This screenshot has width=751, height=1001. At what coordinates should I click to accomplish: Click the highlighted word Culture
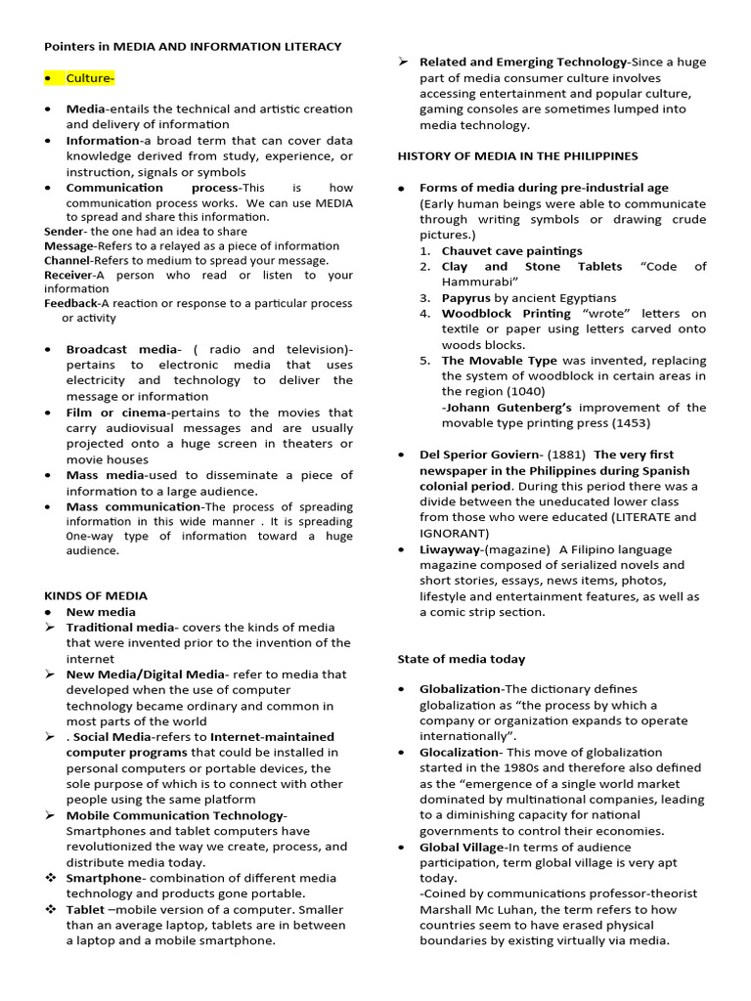[90, 78]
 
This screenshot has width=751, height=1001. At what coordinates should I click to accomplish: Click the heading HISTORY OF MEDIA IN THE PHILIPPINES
[517, 155]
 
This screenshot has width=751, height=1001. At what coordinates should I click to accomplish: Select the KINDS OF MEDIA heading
[96, 595]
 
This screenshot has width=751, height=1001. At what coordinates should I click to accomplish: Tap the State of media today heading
[461, 659]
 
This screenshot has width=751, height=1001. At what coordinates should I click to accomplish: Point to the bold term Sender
[65, 232]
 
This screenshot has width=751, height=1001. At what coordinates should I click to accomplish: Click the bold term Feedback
[71, 303]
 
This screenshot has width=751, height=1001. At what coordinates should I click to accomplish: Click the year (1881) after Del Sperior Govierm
[566, 455]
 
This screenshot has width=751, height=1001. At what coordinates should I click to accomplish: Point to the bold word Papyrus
[465, 297]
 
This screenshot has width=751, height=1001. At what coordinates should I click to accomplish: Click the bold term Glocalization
[459, 752]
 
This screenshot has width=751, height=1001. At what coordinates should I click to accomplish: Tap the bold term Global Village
[462, 847]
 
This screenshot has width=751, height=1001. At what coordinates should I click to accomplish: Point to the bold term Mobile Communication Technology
[176, 815]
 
